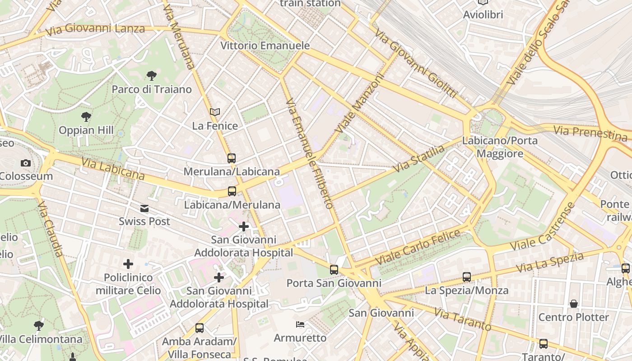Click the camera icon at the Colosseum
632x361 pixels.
pyautogui.click(x=26, y=163)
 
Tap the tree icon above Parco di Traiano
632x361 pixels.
pyautogui.click(x=152, y=76)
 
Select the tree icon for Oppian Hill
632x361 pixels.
pyautogui.click(x=86, y=117)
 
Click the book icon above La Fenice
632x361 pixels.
pyautogui.click(x=215, y=112)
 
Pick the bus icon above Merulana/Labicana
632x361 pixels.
pyautogui.click(x=232, y=158)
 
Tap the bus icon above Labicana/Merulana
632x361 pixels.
pyautogui.click(x=232, y=191)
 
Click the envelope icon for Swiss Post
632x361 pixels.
pyautogui.click(x=144, y=208)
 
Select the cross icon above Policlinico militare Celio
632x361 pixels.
pyautogui.click(x=128, y=264)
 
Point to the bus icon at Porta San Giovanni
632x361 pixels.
pyautogui.click(x=334, y=270)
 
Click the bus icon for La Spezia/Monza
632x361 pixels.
pyautogui.click(x=467, y=277)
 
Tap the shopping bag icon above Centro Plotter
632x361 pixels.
pyautogui.click(x=574, y=304)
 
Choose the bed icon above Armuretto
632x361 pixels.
pyautogui.click(x=300, y=324)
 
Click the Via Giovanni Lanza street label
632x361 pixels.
pyautogui.click(x=95, y=29)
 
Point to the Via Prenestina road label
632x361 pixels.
pyautogui.click(x=590, y=133)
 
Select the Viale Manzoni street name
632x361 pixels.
pyautogui.click(x=359, y=104)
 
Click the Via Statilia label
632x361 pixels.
pyautogui.click(x=419, y=159)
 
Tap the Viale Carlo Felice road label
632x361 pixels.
pyautogui.click(x=418, y=247)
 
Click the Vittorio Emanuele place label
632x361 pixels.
pyautogui.click(x=265, y=46)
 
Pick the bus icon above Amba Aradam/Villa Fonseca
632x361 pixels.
pyautogui.click(x=200, y=328)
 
